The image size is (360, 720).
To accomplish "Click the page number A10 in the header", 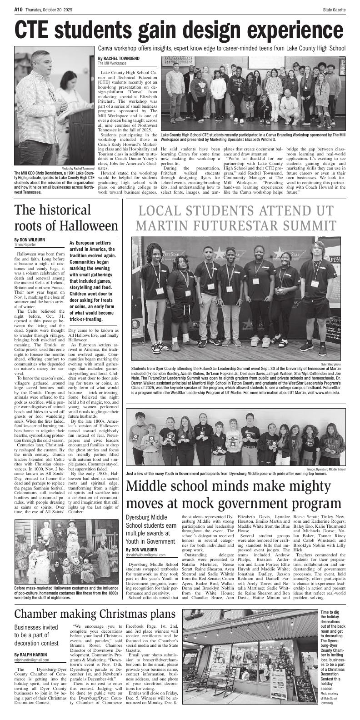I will coord(18,9).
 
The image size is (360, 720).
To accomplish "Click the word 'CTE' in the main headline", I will coord(38,30).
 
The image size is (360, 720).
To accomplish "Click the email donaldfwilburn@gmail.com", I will coord(145,555).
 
